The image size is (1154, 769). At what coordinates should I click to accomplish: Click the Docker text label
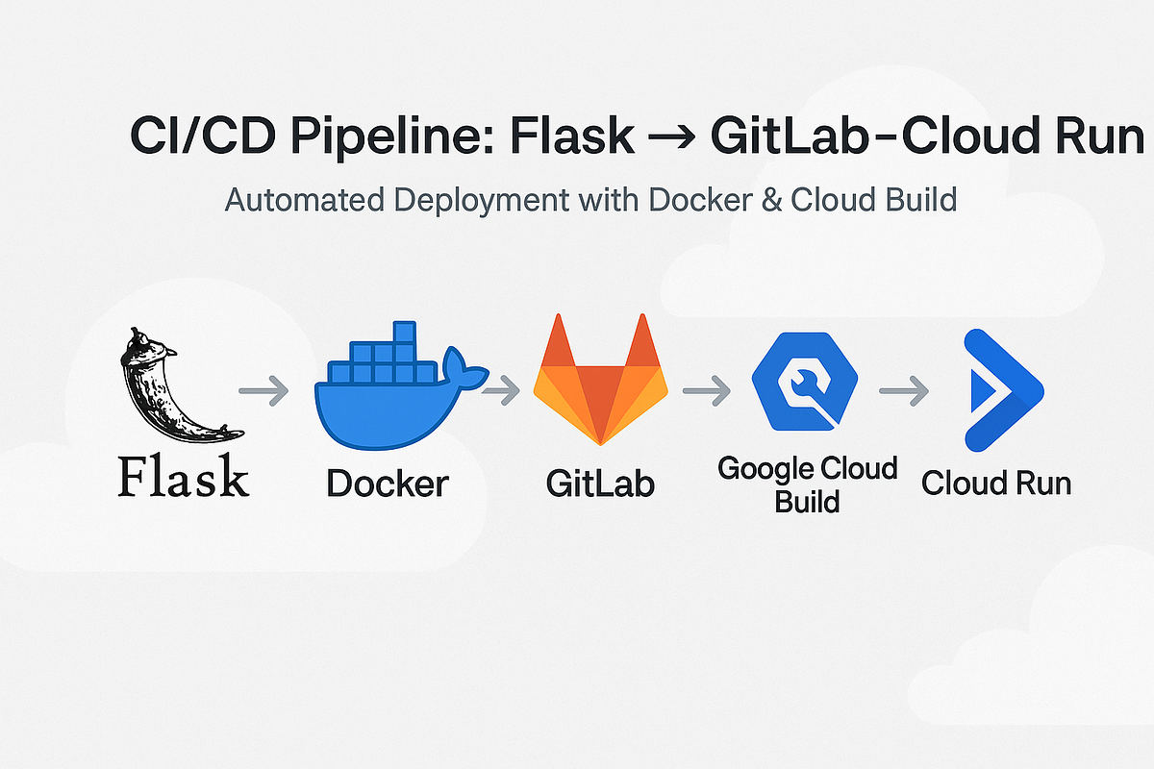pos(387,483)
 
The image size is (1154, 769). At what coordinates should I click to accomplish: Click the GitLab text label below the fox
pos(600,483)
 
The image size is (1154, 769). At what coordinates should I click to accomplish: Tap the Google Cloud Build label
pos(807,484)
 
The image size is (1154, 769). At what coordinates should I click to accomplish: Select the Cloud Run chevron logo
pos(1000,390)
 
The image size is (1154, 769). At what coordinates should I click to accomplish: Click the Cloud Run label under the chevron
pos(996,482)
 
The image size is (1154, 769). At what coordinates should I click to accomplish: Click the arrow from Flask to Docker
pos(263,390)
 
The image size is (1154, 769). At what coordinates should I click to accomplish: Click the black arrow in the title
pos(672,139)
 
